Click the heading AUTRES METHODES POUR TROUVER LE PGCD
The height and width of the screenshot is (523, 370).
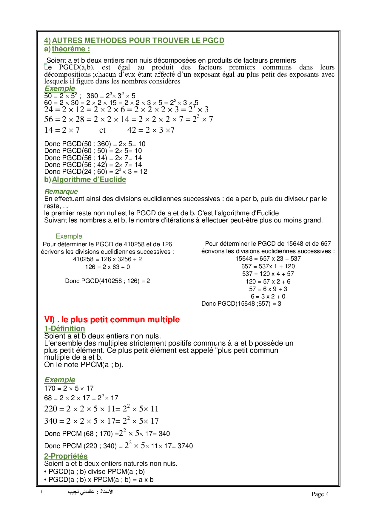138,41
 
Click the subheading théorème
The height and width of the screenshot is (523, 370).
71,49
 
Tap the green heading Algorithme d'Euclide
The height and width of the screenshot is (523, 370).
89,180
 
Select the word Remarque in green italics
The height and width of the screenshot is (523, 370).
61,191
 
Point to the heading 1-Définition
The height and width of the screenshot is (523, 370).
64,329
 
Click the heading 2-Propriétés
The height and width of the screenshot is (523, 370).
66,456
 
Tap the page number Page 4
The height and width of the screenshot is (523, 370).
320,494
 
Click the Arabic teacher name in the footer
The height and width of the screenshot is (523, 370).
91,492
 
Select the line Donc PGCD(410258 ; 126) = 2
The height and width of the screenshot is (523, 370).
107,281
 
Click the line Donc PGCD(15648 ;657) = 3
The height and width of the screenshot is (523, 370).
241,304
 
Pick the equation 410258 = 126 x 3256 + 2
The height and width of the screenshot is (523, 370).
107,259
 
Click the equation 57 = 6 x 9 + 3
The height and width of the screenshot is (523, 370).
268,289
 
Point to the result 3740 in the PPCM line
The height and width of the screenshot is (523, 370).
185,446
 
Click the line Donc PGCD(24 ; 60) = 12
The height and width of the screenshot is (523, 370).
95,172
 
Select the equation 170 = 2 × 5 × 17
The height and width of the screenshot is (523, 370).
69,389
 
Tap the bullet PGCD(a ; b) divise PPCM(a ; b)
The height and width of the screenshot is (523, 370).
96,472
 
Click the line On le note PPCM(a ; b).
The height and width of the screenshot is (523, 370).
84,365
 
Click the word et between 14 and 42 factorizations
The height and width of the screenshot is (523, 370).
102,130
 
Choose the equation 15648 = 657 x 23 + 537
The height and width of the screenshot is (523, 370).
268,259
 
